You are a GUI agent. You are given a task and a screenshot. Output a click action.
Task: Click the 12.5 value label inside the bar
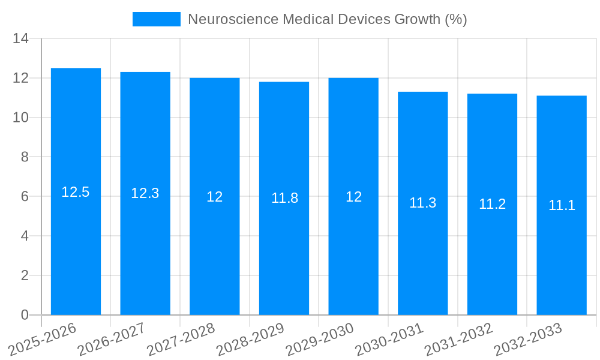pyautogui.click(x=76, y=192)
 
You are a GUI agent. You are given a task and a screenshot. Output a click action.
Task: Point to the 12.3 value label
pyautogui.click(x=145, y=193)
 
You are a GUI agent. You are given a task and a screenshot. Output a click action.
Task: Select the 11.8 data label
pyautogui.click(x=284, y=198)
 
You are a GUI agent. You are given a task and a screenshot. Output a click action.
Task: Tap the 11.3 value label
pyautogui.click(x=422, y=203)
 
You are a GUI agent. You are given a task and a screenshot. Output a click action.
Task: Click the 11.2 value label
pyautogui.click(x=492, y=204)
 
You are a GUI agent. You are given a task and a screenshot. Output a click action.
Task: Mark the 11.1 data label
pyautogui.click(x=562, y=205)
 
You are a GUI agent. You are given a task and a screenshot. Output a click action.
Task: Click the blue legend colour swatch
pyautogui.click(x=156, y=19)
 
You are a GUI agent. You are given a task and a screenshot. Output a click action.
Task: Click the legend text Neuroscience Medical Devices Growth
pyautogui.click(x=327, y=19)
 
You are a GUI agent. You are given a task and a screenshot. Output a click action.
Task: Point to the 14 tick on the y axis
pyautogui.click(x=20, y=39)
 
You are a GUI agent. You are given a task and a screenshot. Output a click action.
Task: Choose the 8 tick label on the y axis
pyautogui.click(x=25, y=157)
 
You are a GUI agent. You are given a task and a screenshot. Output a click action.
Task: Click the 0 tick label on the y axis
pyautogui.click(x=25, y=315)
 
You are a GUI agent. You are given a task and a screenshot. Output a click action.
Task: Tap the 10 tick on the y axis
pyautogui.click(x=20, y=118)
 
